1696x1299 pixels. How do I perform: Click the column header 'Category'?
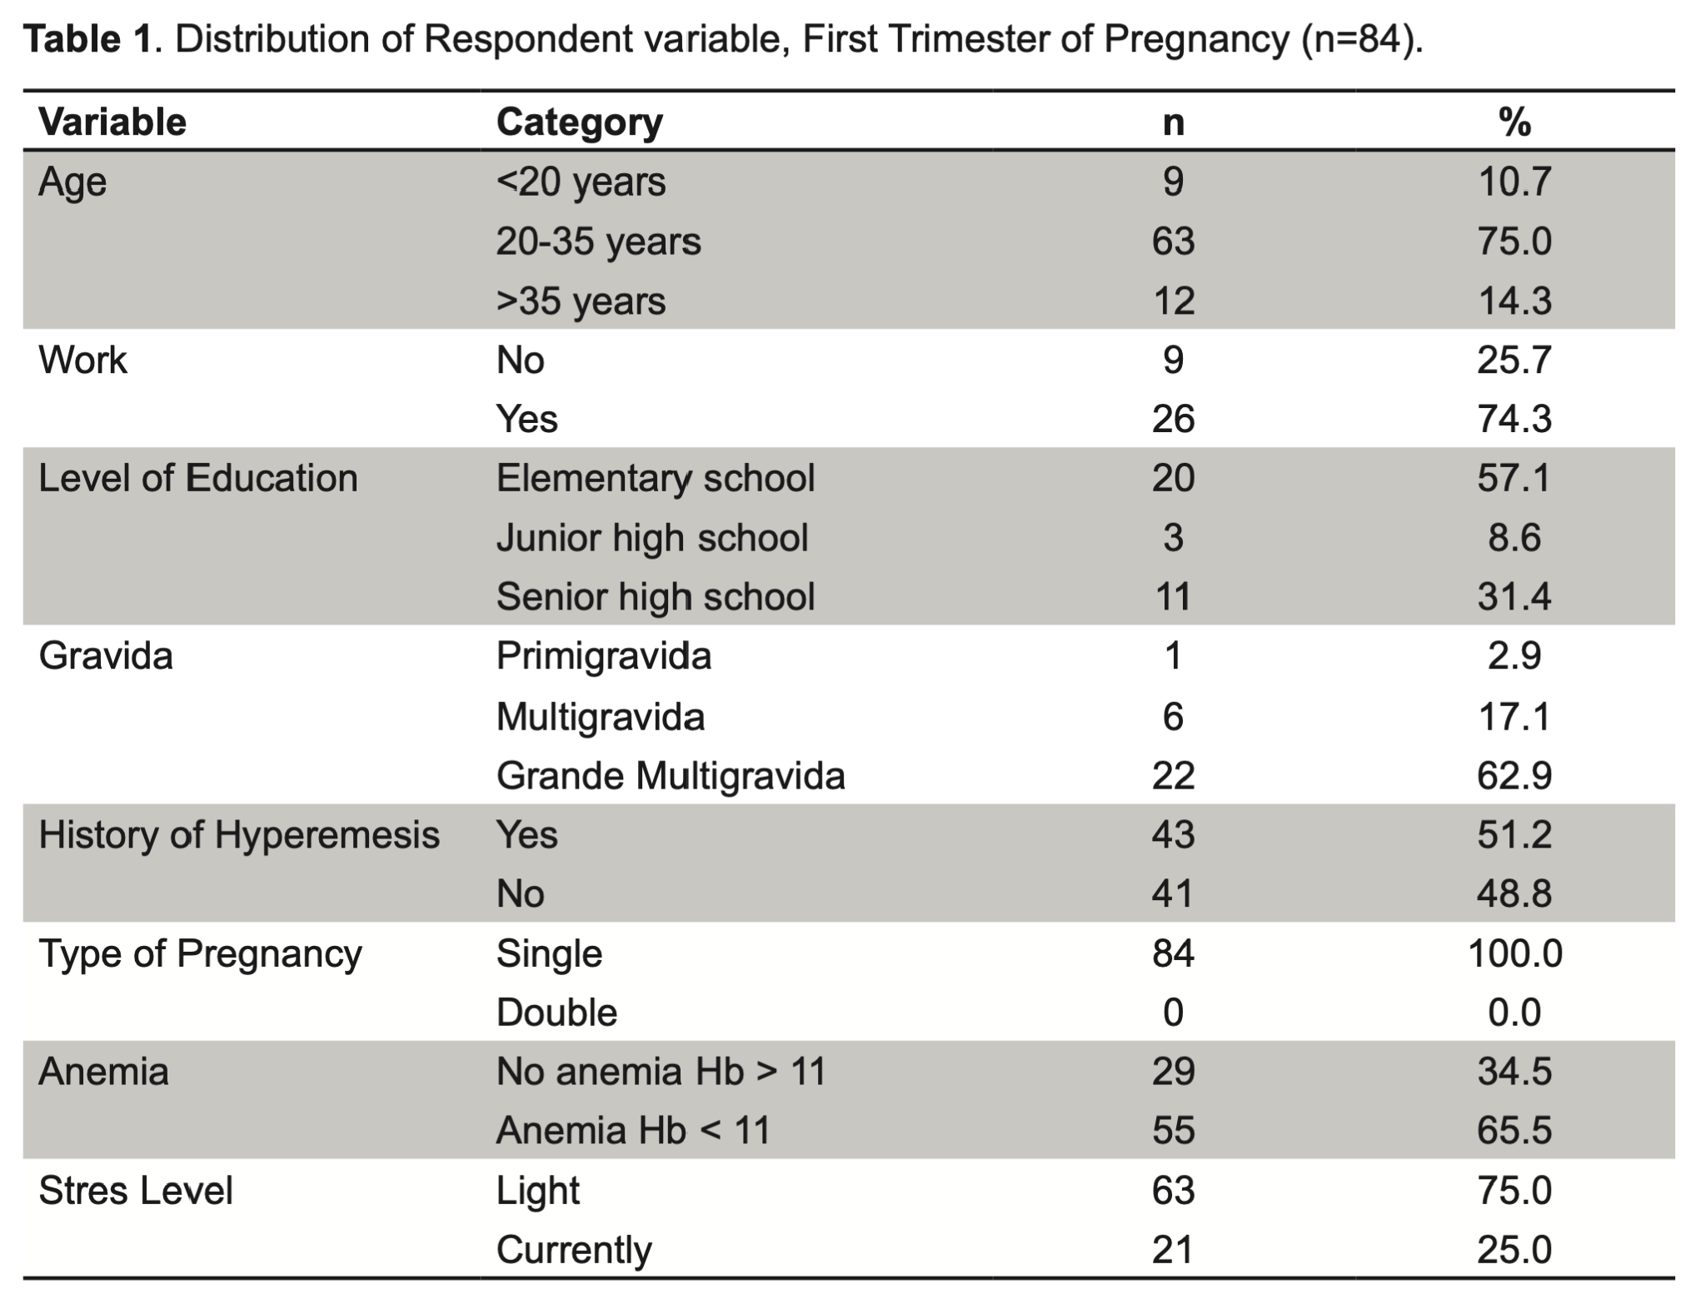tap(579, 122)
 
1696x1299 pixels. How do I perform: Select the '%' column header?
tap(1514, 122)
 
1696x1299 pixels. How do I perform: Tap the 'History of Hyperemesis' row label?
tap(239, 835)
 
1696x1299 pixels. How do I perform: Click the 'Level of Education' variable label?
tap(198, 479)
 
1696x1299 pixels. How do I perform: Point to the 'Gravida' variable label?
tap(106, 656)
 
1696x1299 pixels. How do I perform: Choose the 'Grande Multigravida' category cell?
tap(671, 776)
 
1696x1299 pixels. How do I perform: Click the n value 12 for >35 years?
tap(1173, 301)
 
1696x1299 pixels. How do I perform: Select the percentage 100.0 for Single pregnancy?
tap(1514, 953)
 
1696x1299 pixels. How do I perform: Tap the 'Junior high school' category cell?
tap(652, 538)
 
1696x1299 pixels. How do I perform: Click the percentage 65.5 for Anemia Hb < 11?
tap(1514, 1131)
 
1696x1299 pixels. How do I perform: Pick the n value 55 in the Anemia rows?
tap(1173, 1131)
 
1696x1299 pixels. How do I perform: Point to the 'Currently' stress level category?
tap(574, 1251)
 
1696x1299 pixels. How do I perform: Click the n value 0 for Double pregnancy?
tap(1173, 1013)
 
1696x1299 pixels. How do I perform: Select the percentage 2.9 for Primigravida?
tap(1514, 656)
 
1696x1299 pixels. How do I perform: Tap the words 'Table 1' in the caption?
tap(88, 40)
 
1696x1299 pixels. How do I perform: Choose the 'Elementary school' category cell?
tap(656, 479)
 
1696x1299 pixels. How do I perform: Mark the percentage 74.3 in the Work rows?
tap(1514, 419)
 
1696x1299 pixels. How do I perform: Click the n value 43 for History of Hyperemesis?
tap(1173, 835)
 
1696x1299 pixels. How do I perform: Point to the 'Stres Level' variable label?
tap(136, 1191)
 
